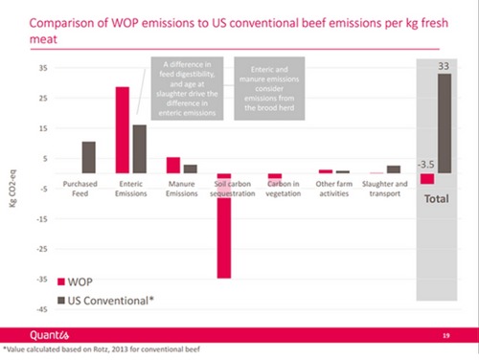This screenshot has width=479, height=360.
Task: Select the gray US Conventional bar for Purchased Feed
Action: click(88, 157)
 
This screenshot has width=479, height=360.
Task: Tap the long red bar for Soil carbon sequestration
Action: click(224, 225)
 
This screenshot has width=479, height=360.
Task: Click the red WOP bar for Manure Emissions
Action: click(173, 165)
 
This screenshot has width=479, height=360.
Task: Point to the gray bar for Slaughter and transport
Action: click(393, 169)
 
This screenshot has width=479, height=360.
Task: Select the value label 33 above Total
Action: click(444, 66)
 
